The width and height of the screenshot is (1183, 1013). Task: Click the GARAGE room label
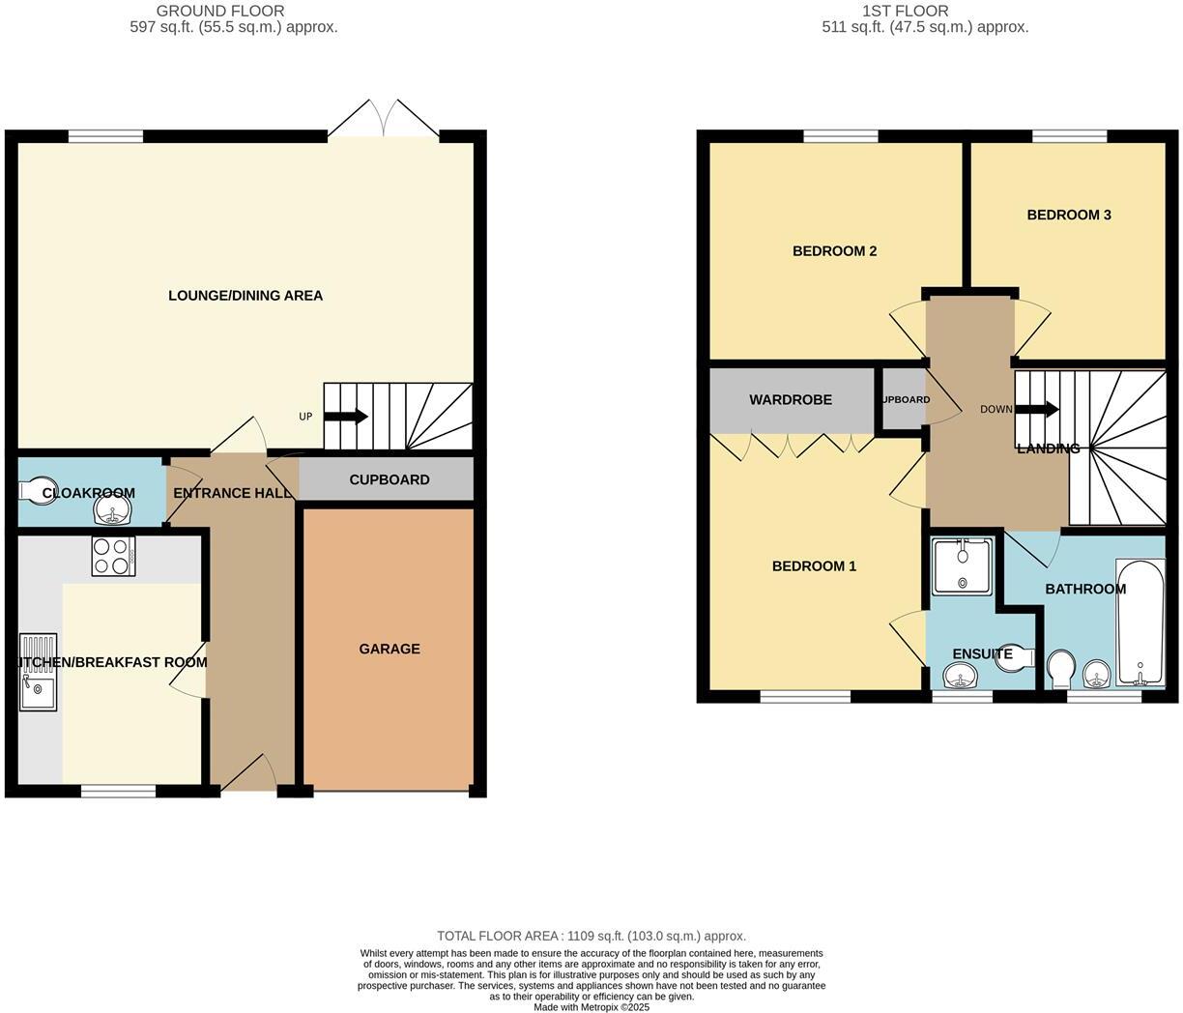(390, 649)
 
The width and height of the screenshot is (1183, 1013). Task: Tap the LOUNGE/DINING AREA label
(245, 296)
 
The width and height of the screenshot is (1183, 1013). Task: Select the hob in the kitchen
(113, 556)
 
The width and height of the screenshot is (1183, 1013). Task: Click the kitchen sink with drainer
(38, 672)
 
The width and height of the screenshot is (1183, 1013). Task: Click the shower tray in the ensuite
(962, 567)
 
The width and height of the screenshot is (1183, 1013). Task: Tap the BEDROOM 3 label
(1068, 215)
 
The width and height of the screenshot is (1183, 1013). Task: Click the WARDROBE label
(791, 399)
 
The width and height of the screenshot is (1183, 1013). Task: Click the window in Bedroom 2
(840, 136)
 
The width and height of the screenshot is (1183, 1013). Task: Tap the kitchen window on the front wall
(118, 792)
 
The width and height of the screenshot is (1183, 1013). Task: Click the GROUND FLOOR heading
(220, 11)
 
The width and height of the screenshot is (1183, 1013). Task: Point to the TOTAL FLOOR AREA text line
(591, 936)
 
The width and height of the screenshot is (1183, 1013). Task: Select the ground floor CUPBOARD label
(389, 479)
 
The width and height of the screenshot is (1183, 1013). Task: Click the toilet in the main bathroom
(1060, 668)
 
